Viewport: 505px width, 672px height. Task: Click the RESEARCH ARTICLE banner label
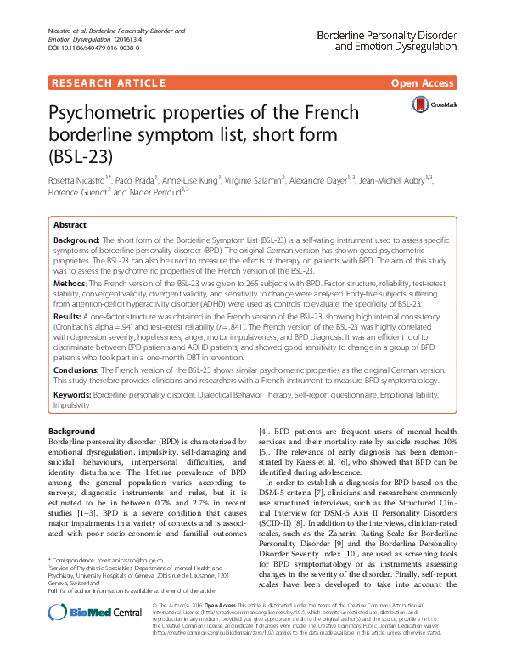tap(107, 82)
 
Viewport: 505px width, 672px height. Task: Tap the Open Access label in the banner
tap(423, 82)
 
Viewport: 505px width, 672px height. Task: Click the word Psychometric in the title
tap(124, 114)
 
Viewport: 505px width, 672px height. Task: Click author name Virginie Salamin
tap(253, 181)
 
